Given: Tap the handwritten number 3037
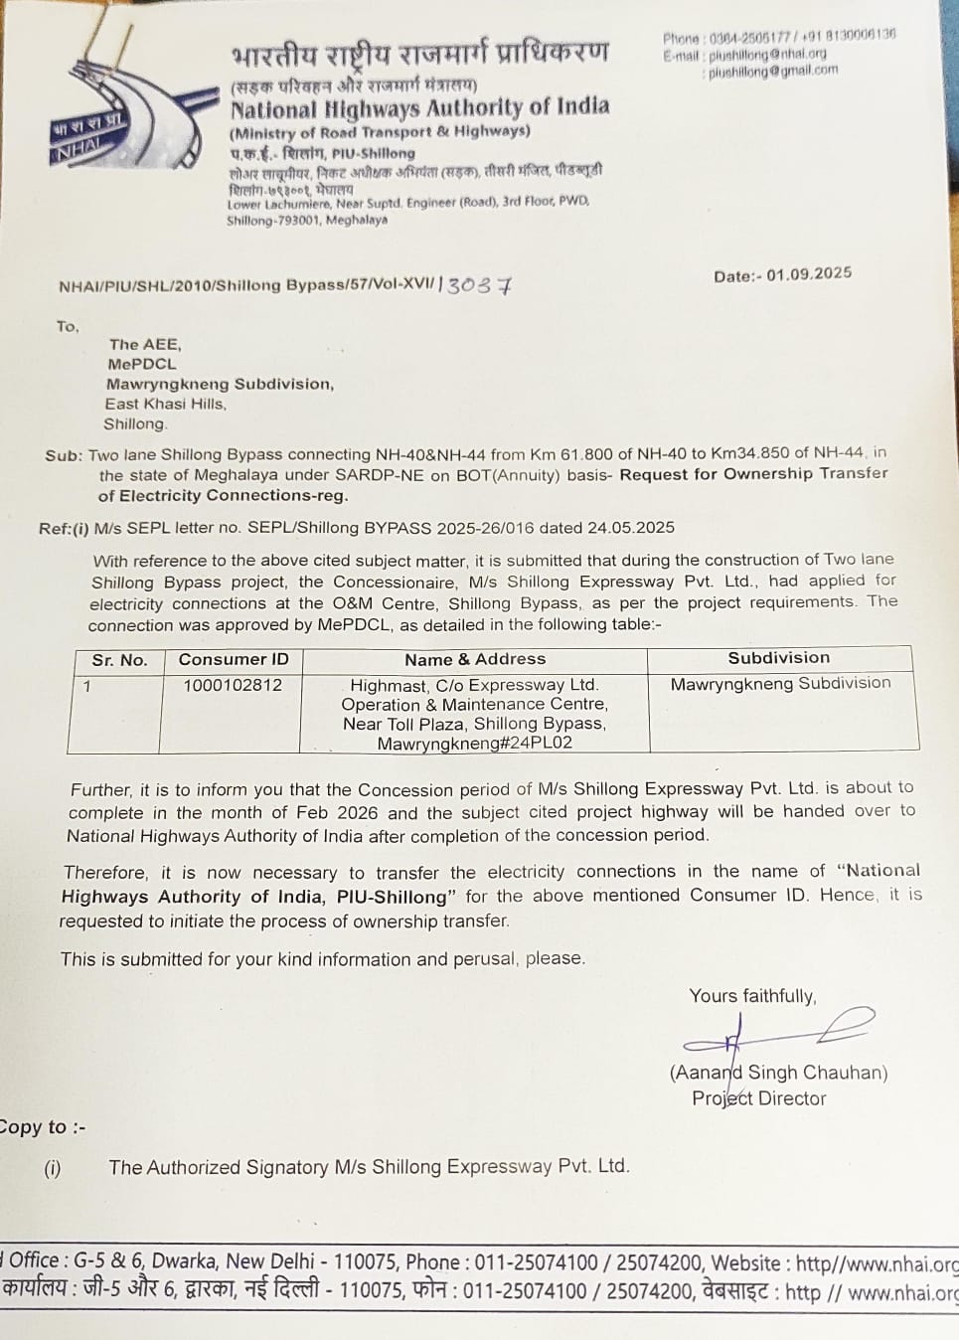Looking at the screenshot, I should [479, 285].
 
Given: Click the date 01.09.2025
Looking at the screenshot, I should [809, 273].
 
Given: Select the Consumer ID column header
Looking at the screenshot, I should [234, 659].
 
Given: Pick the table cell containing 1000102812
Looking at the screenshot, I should [233, 685].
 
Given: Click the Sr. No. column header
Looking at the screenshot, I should [119, 660].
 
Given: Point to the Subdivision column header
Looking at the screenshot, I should [778, 657].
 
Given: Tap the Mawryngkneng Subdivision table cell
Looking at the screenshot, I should [780, 683].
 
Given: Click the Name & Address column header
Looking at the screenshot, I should [475, 658].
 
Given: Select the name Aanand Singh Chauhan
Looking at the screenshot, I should [778, 1072].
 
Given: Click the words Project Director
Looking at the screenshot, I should [759, 1098].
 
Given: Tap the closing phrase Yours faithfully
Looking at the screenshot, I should [752, 996].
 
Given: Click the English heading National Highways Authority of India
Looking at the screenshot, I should [419, 107].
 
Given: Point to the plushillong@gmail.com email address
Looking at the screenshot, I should [772, 71].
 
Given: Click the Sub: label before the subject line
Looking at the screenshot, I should [63, 455].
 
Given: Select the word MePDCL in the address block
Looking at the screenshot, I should [141, 364].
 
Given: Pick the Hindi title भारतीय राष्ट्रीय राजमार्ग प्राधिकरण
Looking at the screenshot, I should [418, 53].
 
